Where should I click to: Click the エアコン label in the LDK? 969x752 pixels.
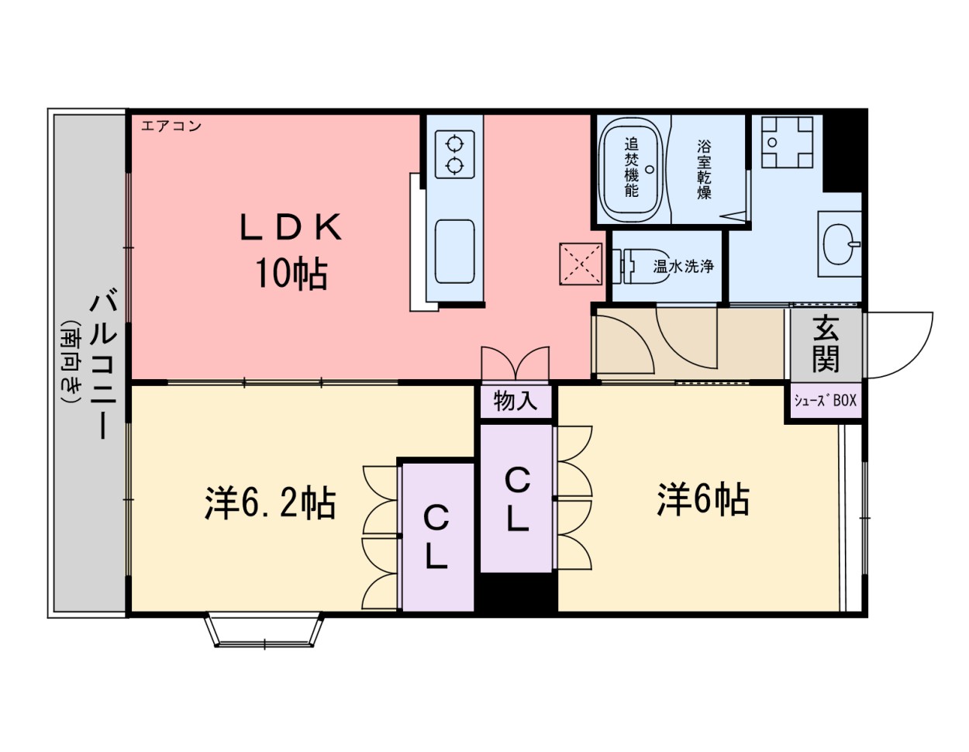[171, 126]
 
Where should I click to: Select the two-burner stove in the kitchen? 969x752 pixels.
[454, 154]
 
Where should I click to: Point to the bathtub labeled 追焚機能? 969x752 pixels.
[632, 168]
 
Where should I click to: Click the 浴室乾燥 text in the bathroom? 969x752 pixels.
[704, 169]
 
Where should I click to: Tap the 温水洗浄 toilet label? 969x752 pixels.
[683, 266]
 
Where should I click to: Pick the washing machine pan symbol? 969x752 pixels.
[786, 142]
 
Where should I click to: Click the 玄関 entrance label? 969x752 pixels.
[826, 345]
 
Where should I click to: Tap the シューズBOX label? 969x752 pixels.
[825, 401]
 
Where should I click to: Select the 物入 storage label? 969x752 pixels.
[516, 402]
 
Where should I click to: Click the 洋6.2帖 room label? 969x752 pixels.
[270, 502]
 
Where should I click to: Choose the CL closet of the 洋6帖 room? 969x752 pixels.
[517, 499]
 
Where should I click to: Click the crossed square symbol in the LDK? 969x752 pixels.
[581, 264]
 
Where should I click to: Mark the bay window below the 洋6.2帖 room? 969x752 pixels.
[264, 630]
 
